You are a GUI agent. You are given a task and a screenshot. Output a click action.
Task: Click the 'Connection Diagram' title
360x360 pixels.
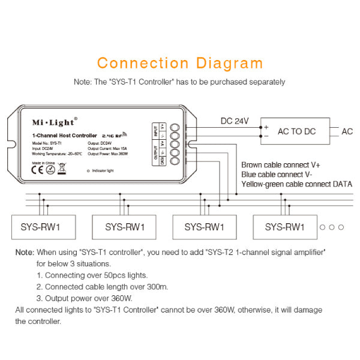click(180, 63)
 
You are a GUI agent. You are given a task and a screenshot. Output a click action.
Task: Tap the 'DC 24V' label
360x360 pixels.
click(234, 121)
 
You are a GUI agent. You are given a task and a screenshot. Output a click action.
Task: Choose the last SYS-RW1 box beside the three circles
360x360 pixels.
click(285, 227)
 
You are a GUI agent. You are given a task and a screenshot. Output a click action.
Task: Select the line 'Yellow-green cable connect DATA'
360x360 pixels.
click(296, 184)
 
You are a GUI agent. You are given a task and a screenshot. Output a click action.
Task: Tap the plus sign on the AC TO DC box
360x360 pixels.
click(266, 127)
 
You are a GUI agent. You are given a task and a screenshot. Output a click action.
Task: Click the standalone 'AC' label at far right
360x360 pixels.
click(347, 131)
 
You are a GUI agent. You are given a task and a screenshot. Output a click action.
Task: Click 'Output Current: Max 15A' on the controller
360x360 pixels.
click(109, 148)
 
